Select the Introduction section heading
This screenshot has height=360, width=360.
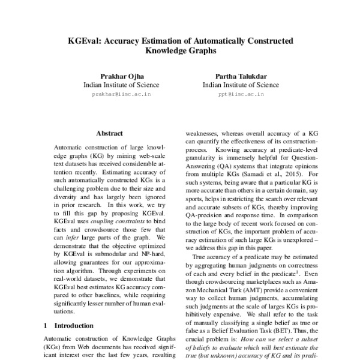(x=70, y=325)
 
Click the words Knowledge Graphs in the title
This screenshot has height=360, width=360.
(x=181, y=52)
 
